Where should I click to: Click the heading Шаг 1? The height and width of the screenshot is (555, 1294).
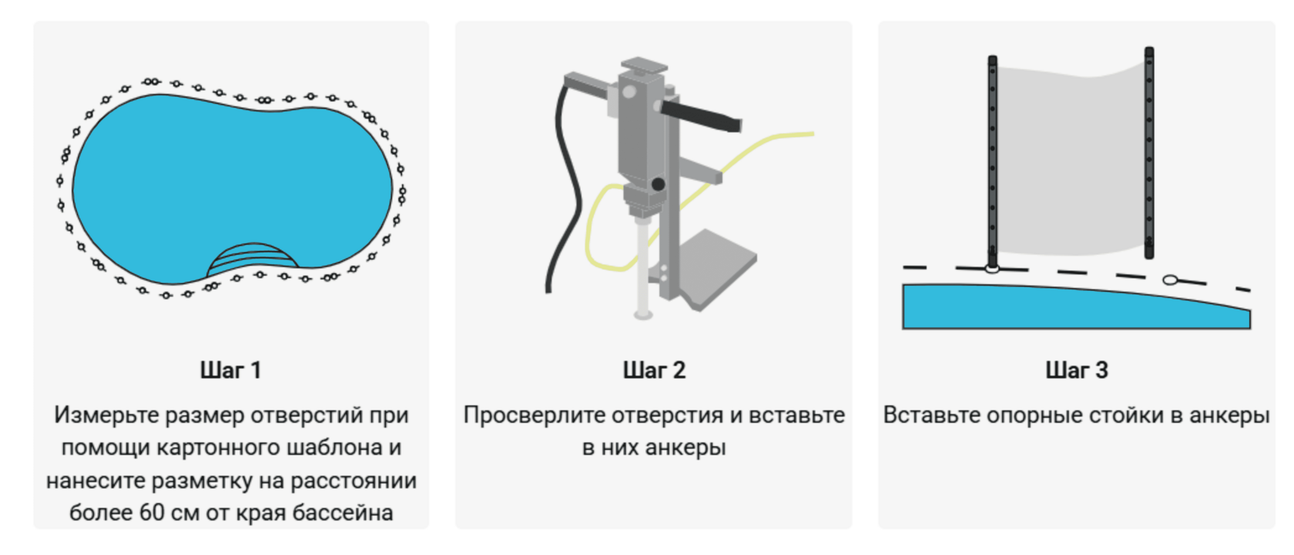coord(231,370)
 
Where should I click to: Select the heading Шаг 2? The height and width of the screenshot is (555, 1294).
coord(654,370)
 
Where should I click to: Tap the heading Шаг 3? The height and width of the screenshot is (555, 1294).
coord(1077,370)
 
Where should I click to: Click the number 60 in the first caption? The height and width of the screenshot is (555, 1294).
coord(152,512)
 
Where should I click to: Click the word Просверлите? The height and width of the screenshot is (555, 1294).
coord(532,415)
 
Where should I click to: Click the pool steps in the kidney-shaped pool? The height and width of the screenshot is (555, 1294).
coord(253,259)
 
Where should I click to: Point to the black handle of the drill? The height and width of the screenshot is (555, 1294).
coord(700,116)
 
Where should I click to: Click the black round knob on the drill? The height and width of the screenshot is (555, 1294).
coord(658,184)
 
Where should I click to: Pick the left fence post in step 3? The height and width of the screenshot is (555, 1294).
coord(992,162)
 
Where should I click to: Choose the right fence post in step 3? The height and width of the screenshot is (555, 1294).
coord(1149,152)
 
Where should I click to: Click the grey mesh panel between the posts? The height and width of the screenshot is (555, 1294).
coord(1071,159)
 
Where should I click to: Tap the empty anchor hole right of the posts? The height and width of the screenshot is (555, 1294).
coord(1171,280)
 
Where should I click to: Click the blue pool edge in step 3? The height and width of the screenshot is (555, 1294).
coord(1074,307)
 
